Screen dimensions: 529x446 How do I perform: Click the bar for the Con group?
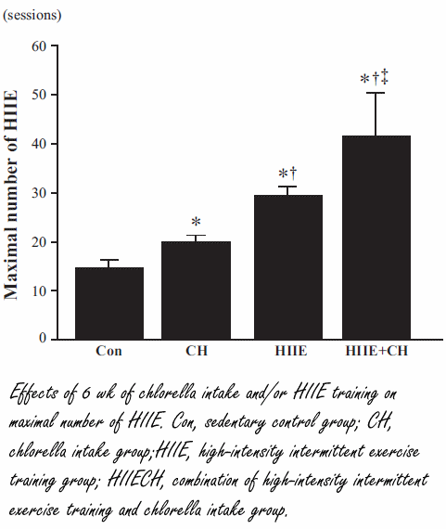coord(108,303)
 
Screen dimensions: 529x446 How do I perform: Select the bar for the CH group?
coord(196,290)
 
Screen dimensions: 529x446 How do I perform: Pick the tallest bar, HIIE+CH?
coord(376,238)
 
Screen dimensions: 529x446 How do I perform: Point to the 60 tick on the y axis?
coord(39,46)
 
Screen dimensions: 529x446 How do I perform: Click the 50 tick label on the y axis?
coord(39,95)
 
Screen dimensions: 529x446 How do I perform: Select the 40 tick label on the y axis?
coord(39,144)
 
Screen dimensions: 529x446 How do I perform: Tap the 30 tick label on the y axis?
coord(39,193)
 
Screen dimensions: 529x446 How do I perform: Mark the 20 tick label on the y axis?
coord(39,242)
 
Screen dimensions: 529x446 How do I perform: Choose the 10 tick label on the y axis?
coord(39,290)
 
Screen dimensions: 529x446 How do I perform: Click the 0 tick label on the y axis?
coord(43,340)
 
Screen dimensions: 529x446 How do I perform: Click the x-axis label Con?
coord(108,352)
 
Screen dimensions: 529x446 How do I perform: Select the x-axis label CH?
coord(196,352)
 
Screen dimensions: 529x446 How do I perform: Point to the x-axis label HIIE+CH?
coord(376,352)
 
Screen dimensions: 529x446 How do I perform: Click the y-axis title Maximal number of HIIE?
coord(12,195)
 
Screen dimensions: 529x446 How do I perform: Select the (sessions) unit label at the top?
coord(35,16)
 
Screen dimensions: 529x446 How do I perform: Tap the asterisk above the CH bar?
coord(196,223)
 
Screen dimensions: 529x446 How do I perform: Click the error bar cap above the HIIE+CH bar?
coord(376,93)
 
